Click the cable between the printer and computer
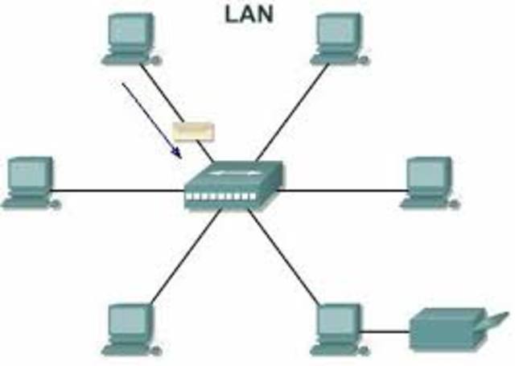coord(386,331)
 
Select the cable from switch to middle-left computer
coord(121,191)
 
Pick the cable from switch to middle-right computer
coord(346,191)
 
